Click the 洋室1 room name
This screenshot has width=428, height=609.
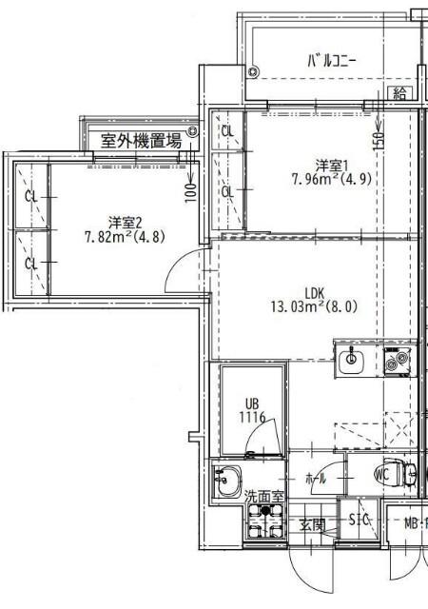(x=332, y=162)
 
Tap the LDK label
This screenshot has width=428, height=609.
(x=316, y=292)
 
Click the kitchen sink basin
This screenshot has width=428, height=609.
(x=351, y=360)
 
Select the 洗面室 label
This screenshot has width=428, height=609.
(x=263, y=496)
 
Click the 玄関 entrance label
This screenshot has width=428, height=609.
(x=313, y=524)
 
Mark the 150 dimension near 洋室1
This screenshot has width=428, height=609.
(x=379, y=138)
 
